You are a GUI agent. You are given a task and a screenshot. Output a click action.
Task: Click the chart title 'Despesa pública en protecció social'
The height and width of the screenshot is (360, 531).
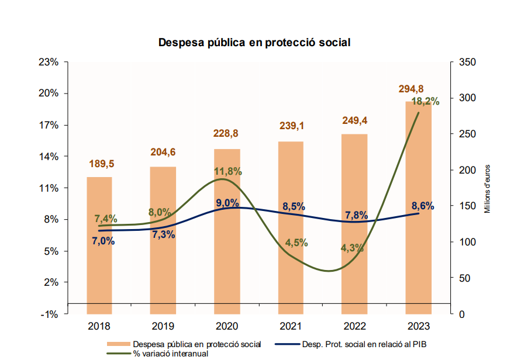[x=254, y=43]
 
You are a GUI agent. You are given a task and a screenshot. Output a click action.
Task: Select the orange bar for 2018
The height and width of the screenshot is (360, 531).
[x=99, y=245]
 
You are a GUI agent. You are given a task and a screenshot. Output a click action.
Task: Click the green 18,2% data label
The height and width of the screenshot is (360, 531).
[x=425, y=102]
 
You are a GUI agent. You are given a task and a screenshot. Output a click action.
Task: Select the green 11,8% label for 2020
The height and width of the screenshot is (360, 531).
[x=227, y=172]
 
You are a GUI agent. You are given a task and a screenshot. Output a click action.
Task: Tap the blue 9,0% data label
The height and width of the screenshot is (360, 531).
[x=227, y=203]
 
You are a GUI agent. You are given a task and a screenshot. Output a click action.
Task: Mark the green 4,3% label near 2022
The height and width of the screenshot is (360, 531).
[x=352, y=247]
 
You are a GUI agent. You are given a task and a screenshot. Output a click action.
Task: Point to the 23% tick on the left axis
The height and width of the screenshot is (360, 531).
[x=49, y=62]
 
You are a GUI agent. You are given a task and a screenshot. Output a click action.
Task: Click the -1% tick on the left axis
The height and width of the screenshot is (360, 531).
[x=49, y=314]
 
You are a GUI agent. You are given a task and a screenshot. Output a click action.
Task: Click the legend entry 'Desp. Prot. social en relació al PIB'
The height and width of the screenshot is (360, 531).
[x=368, y=344]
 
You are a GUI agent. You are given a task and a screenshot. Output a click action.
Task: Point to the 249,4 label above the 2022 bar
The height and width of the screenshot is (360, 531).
[x=355, y=121]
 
